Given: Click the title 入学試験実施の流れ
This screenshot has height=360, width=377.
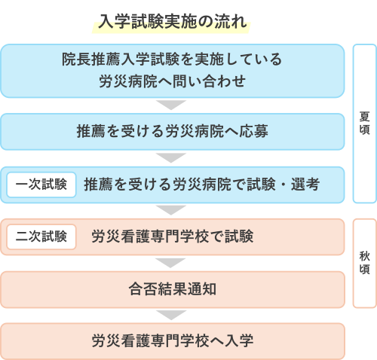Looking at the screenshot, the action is click(173, 22).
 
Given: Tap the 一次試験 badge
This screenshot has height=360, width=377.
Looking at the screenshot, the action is click(41, 185).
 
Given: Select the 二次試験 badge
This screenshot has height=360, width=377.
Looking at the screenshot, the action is click(41, 236).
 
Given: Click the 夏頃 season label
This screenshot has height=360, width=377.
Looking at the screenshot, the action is click(364, 123).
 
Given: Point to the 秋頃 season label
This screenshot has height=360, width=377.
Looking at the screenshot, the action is click(364, 263).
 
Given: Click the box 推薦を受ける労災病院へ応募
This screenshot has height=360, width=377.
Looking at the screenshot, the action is click(173, 132).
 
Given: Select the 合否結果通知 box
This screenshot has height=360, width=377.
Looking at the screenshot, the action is click(173, 289).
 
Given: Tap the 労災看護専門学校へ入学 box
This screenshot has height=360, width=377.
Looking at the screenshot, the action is click(173, 341).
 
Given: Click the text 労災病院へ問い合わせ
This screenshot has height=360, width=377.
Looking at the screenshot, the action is click(173, 81).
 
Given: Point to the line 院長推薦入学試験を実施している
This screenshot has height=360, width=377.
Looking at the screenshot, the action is click(172, 59).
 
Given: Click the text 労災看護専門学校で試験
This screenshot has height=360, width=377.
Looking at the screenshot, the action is click(173, 236).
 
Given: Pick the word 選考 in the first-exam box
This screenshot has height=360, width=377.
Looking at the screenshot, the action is click(305, 185).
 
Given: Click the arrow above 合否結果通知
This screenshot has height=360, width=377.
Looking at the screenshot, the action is click(171, 263).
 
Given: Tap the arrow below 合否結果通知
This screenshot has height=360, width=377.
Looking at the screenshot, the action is click(171, 315).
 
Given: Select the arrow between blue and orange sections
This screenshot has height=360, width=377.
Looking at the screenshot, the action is click(171, 210).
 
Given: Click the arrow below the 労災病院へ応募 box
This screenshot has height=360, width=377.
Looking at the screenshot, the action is click(171, 157).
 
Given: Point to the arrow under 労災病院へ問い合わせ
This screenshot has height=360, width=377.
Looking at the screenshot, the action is click(171, 105).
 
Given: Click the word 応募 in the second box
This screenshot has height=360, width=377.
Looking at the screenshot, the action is click(253, 131).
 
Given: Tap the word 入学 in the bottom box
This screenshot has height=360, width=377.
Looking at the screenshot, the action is click(239, 341).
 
